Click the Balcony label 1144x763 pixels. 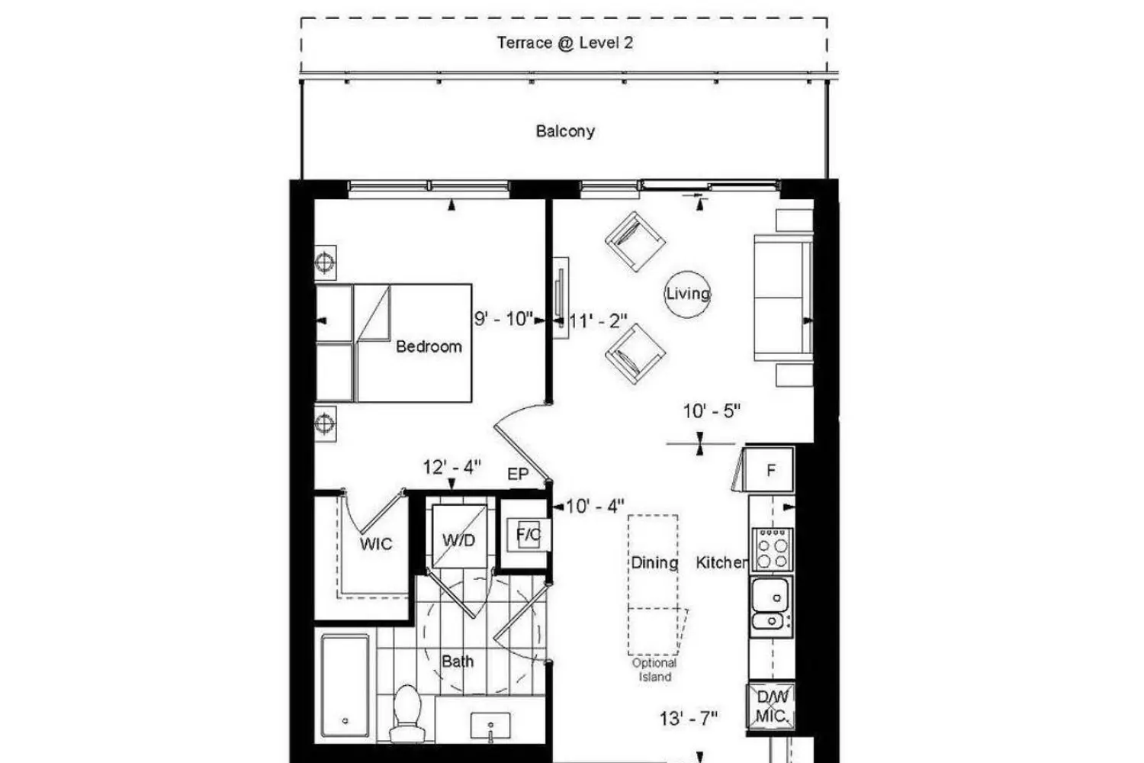[565, 131]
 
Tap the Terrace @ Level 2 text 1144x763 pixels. [565, 43]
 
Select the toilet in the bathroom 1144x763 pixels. [407, 713]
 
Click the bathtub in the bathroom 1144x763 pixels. [345, 685]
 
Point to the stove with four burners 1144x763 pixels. [772, 549]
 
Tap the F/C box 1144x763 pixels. [529, 535]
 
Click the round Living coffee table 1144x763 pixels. [687, 294]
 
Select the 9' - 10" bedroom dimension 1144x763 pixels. [503, 319]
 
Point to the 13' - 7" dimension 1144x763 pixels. [689, 719]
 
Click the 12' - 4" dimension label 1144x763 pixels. [452, 467]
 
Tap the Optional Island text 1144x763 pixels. [654, 670]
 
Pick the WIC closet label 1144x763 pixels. [376, 544]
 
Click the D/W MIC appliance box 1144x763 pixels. [771, 707]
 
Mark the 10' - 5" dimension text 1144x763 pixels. [712, 411]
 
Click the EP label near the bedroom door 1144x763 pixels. [517, 475]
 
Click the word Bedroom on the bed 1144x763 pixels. [429, 346]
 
